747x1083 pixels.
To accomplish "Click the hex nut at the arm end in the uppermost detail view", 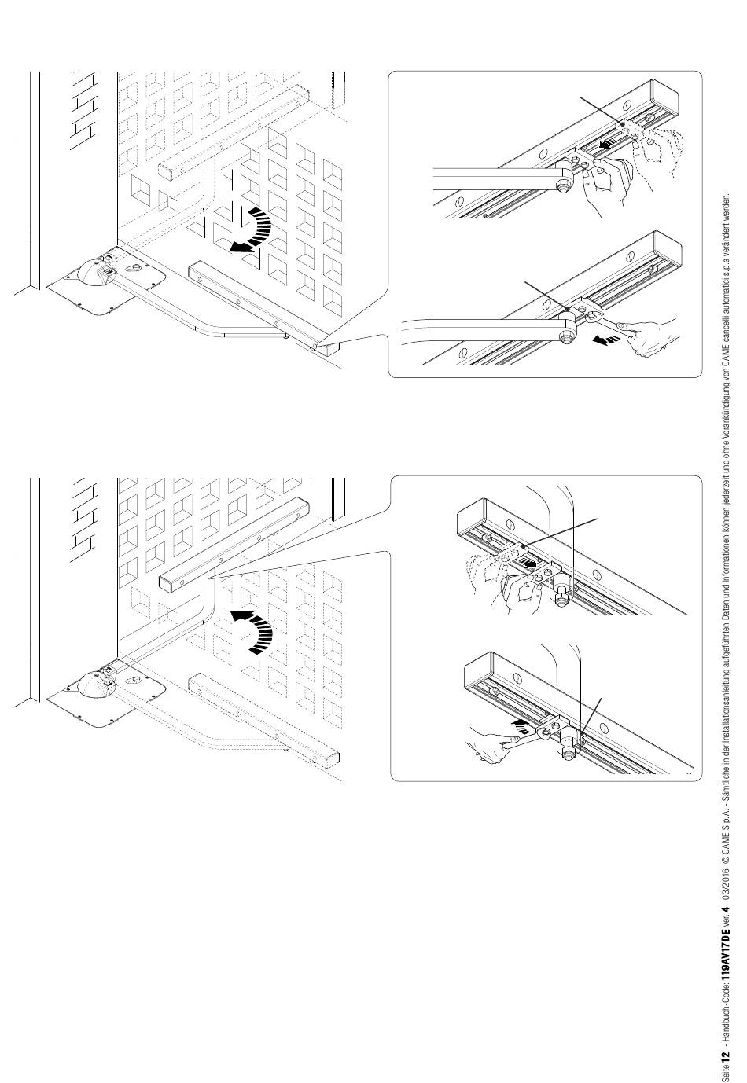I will (x=563, y=185).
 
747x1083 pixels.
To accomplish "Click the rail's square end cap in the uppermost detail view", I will (x=667, y=101).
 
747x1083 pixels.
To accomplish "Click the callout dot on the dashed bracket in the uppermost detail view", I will (x=623, y=124).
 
